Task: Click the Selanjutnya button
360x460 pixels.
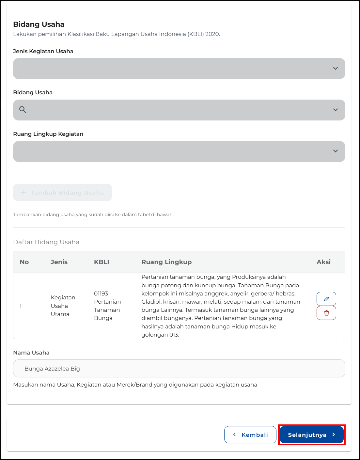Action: [311, 435]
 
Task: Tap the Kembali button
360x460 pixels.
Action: [250, 435]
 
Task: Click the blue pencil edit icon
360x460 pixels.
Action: [326, 299]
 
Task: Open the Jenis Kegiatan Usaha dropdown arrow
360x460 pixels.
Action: [335, 68]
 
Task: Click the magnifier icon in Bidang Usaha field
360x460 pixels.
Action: [23, 110]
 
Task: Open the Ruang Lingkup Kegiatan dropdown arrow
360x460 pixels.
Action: [335, 151]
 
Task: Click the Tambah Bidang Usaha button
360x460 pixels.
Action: [62, 193]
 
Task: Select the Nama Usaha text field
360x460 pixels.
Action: [179, 368]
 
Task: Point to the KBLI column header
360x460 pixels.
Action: [102, 262]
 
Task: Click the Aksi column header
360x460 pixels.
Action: [323, 262]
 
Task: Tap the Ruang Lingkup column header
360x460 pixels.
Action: [166, 262]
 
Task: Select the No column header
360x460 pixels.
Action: [24, 262]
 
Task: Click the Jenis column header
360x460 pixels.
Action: [59, 262]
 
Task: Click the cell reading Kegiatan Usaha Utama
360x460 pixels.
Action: [63, 306]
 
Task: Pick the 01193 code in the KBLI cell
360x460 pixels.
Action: [101, 293]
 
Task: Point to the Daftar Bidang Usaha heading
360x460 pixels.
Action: [46, 242]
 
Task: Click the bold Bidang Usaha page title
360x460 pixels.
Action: [39, 24]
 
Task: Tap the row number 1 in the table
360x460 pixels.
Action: [21, 306]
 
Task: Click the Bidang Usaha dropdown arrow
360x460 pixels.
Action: [335, 110]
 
